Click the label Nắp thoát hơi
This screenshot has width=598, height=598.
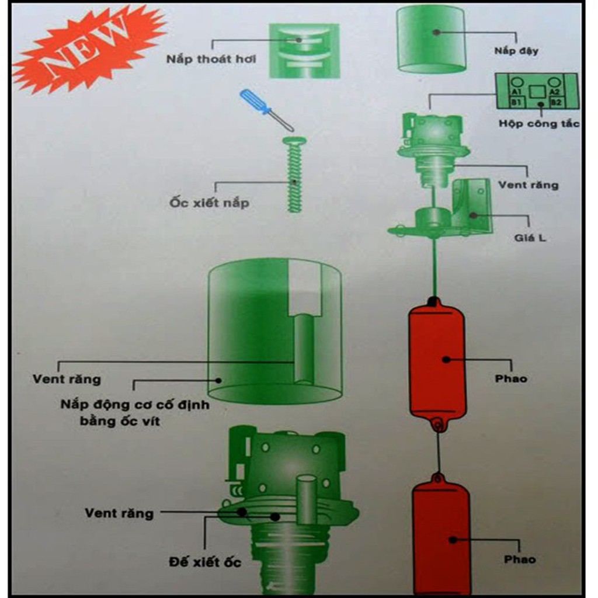[211, 60]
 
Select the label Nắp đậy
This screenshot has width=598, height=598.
[516, 51]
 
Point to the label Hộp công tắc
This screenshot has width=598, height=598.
[539, 124]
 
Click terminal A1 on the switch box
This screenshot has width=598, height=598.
[516, 92]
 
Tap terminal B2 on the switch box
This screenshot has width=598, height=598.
[556, 102]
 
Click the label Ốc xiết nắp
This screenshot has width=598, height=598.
[209, 203]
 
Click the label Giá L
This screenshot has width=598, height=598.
[530, 238]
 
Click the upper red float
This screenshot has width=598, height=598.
[437, 361]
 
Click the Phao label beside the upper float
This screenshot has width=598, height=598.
[511, 378]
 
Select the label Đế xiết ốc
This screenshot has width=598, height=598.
[204, 562]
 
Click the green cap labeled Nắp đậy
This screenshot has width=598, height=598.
[431, 39]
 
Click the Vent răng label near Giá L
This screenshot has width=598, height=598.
[528, 185]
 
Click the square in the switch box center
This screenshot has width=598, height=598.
[537, 92]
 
